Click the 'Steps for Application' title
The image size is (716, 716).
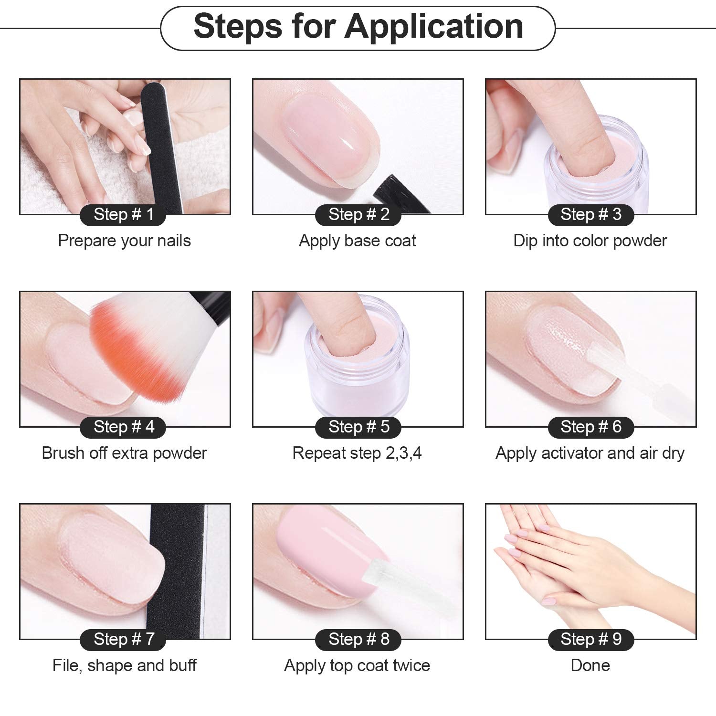pyautogui.click(x=358, y=26)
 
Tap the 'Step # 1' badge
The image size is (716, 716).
pyautogui.click(x=123, y=214)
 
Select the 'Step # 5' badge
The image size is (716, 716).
pyautogui.click(x=358, y=427)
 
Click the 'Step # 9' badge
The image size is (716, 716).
pyautogui.click(x=591, y=639)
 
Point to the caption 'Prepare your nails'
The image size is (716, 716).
pyautogui.click(x=124, y=241)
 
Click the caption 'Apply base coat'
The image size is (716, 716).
pyautogui.click(x=358, y=241)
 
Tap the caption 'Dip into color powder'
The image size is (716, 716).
pyautogui.click(x=590, y=241)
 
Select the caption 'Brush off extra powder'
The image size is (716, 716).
pyautogui.click(x=124, y=453)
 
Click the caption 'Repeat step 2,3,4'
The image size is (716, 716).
pyautogui.click(x=357, y=453)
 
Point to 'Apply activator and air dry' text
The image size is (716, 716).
pyautogui.click(x=590, y=453)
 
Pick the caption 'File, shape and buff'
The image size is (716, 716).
pyautogui.click(x=124, y=665)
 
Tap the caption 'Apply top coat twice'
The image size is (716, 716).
pyautogui.click(x=357, y=665)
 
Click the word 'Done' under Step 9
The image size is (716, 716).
pyautogui.click(x=590, y=665)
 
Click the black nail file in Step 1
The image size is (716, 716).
pyautogui.click(x=162, y=143)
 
